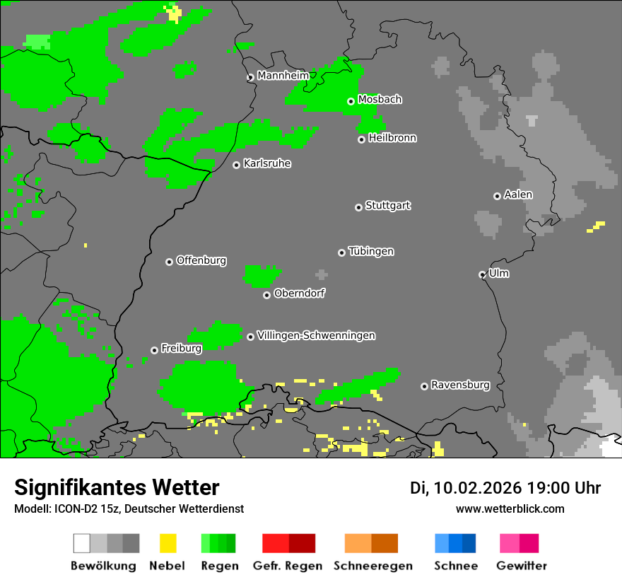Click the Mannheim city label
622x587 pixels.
click(283, 76)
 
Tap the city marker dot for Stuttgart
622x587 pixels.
click(358, 207)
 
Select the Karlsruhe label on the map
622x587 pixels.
click(267, 163)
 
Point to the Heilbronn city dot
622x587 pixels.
click(361, 139)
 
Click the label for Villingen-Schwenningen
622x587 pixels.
click(316, 335)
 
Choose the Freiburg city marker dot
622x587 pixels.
click(154, 350)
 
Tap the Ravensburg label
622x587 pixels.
click(460, 385)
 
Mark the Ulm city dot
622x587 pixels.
click(482, 274)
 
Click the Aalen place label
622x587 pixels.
click(518, 194)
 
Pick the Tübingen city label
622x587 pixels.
click(371, 251)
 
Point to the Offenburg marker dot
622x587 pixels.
click(169, 262)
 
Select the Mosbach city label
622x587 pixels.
click(380, 100)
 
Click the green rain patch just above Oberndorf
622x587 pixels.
click(261, 276)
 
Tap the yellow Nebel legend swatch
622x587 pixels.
click(168, 543)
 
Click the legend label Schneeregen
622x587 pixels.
click(373, 566)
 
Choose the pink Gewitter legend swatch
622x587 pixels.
click(510, 543)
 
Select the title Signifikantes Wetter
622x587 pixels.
click(117, 487)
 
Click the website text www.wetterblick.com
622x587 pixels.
click(510, 508)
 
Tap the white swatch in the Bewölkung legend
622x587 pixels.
click(82, 543)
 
